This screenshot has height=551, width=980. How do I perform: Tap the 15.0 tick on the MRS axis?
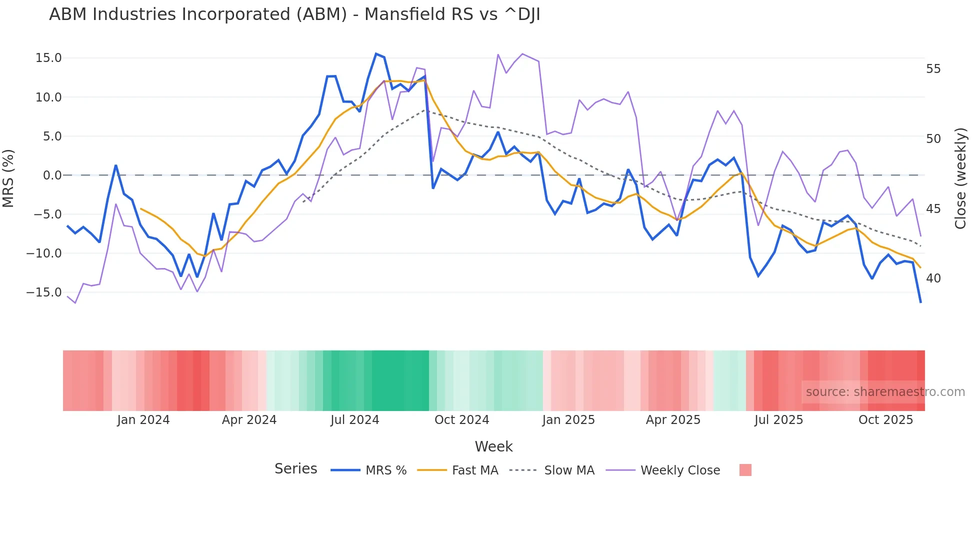(x=48, y=58)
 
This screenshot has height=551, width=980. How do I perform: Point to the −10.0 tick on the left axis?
(x=44, y=253)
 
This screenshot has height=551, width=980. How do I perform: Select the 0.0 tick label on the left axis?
(x=52, y=175)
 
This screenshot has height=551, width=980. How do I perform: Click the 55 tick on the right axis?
(x=933, y=69)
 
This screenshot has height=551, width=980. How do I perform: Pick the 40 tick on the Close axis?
(x=933, y=278)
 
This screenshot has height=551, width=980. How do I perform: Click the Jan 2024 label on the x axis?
(x=143, y=420)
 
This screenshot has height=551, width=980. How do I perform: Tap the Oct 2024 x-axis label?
(x=461, y=420)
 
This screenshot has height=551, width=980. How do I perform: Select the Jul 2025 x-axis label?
(x=778, y=420)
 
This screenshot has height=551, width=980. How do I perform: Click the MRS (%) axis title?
(x=8, y=178)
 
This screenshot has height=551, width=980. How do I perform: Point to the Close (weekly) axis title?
(x=960, y=178)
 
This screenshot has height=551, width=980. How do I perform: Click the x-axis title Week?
(x=493, y=446)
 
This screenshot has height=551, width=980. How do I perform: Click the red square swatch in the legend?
(x=745, y=470)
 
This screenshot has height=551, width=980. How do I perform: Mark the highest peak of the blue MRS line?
(x=376, y=53)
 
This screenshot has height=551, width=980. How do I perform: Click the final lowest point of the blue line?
(x=920, y=302)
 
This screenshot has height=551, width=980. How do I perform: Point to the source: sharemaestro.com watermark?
(x=885, y=392)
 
